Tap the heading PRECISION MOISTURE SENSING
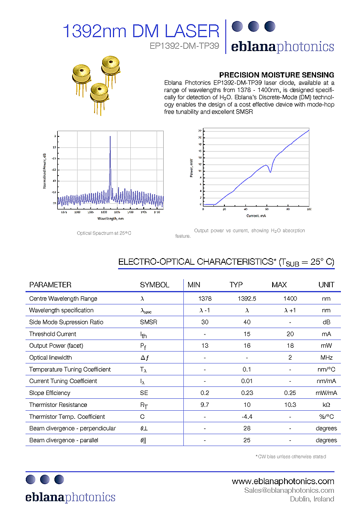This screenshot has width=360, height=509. [x=276, y=75]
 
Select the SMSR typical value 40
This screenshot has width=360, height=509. [x=247, y=322]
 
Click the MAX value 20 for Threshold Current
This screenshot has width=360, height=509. [x=290, y=334]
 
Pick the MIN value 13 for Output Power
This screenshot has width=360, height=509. [x=205, y=346]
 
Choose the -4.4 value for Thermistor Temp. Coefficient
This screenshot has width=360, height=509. [x=247, y=416]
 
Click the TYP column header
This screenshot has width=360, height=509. [x=236, y=285]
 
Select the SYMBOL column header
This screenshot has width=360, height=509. [x=154, y=285]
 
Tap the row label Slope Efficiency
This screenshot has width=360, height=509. [x=50, y=393]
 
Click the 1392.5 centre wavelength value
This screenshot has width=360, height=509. [x=247, y=299]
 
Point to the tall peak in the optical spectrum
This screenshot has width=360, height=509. [x=110, y=138]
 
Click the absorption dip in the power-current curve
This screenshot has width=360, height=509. [x=270, y=171]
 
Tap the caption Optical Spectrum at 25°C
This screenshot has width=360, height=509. [x=104, y=233]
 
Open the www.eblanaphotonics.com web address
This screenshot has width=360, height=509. [x=283, y=481]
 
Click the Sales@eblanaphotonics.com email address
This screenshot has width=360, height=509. [x=289, y=490]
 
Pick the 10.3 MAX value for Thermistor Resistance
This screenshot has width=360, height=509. [x=290, y=405]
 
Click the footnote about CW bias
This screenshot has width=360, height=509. [x=291, y=457]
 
